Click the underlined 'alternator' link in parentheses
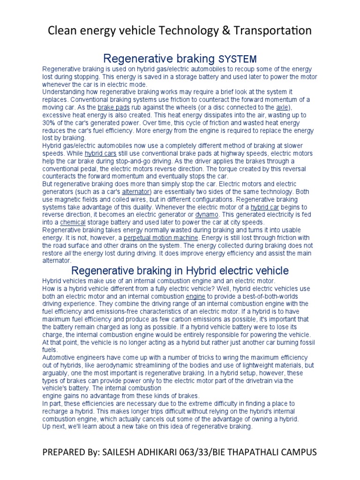point(136,192)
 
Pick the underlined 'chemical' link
point(72,222)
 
